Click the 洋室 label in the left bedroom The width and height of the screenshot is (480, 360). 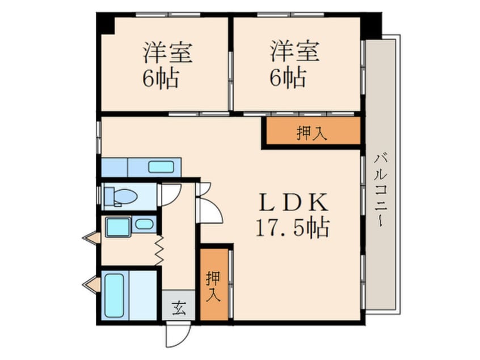pos(168,53)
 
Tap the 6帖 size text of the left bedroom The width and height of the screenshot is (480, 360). pos(161,78)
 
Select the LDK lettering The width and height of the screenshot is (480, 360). pos(293,203)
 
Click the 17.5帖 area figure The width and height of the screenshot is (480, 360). pos(293,227)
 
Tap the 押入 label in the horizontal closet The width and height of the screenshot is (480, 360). pos(312,133)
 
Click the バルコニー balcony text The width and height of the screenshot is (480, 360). pos(381,191)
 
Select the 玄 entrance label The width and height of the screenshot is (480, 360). pos(179,308)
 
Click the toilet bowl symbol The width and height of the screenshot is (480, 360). pos(121,196)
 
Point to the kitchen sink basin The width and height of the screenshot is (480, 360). pos(161,167)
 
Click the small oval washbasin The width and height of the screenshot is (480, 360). pos(144,224)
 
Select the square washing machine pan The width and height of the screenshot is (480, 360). pos(118,227)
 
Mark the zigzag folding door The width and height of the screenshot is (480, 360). pos(159,250)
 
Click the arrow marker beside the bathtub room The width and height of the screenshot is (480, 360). pos(91,284)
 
